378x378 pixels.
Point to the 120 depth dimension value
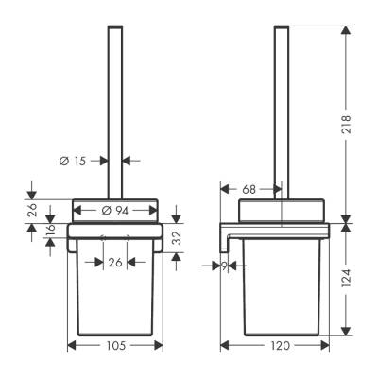[x=279, y=346]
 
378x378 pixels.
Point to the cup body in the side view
[x=279, y=293]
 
